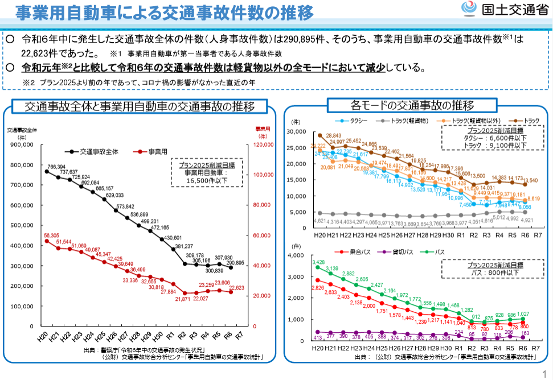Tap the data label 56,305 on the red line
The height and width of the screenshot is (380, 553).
(x=51, y=236)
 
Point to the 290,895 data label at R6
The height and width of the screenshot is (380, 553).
(x=237, y=263)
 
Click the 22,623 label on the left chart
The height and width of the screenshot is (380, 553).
(x=236, y=288)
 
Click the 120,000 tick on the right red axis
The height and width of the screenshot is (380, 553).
(x=261, y=144)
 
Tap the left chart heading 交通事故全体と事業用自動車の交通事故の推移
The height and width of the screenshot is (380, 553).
(x=140, y=107)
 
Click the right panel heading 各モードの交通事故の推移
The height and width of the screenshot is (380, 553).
(x=412, y=105)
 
